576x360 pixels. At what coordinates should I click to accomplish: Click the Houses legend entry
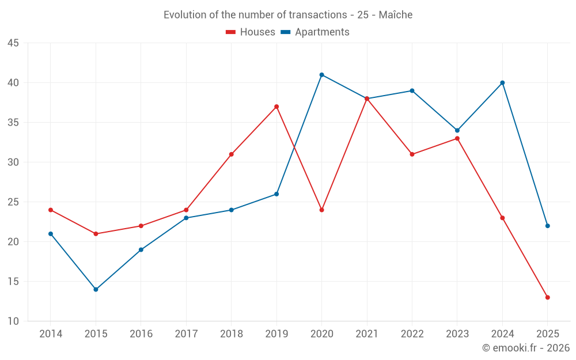coord(251,32)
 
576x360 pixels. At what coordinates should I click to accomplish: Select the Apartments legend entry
coord(315,32)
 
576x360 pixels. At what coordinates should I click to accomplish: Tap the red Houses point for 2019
coord(276,107)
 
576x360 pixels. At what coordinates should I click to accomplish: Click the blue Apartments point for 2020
coord(321,75)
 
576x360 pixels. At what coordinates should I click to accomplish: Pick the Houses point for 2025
coord(548,297)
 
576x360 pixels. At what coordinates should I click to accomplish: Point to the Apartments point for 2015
coord(96,289)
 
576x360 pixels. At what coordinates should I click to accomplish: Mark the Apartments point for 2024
coord(502,83)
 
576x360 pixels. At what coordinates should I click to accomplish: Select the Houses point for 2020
coord(321,210)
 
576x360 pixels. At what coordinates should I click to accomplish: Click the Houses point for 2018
coord(231,154)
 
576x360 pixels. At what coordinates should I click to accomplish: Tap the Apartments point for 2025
coord(548,226)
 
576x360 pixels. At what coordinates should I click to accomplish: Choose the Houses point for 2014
coord(51,210)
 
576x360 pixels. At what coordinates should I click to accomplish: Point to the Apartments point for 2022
coord(412,90)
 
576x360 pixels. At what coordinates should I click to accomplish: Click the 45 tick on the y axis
coord(13,43)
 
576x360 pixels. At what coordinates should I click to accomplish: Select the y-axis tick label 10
coord(13,321)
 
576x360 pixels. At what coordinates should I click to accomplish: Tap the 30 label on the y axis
coord(13,162)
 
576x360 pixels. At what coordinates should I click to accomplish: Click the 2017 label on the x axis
coord(186,334)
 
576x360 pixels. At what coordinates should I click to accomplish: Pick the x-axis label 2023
coord(457,334)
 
